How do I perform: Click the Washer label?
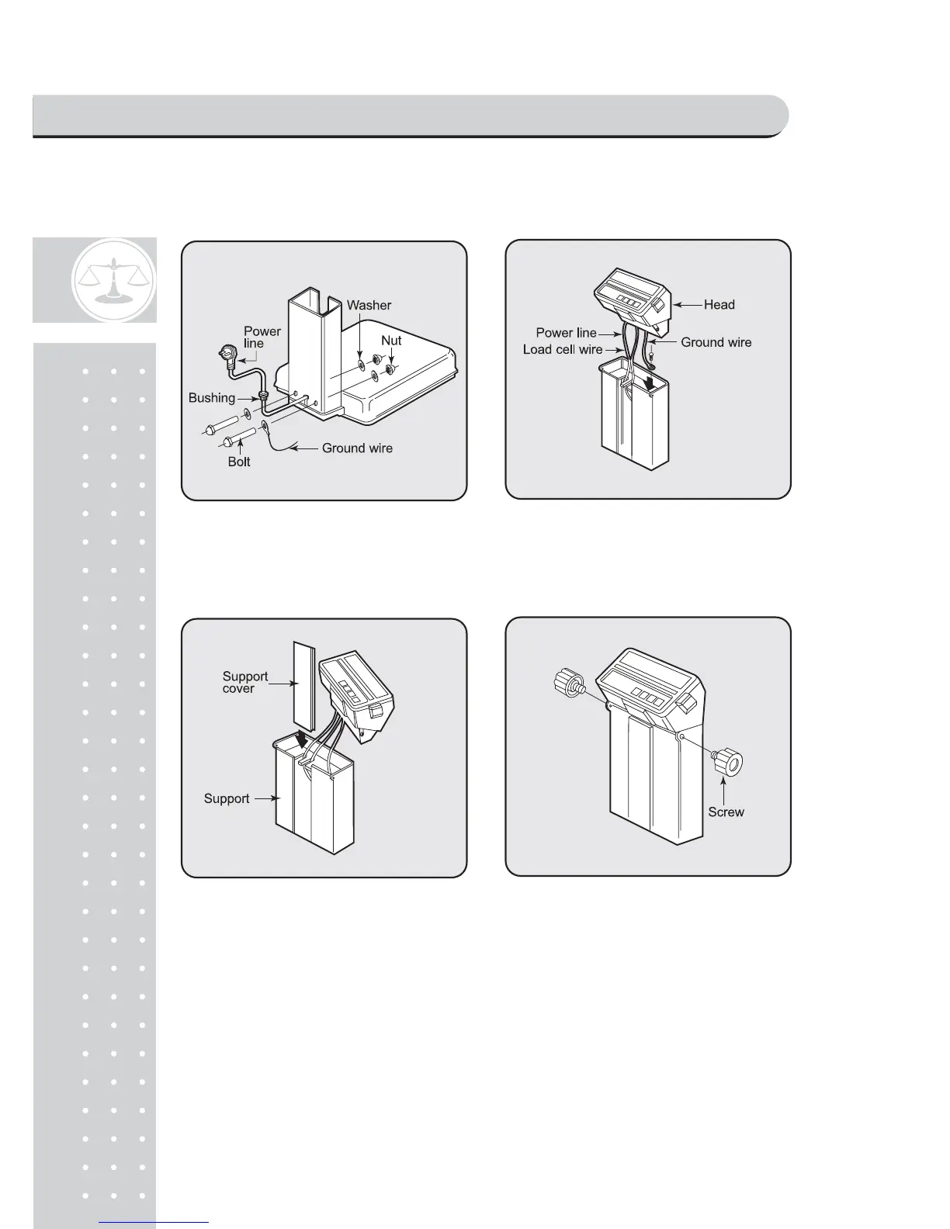coord(369,305)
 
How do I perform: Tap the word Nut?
coord(391,341)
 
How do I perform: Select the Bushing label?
coord(212,398)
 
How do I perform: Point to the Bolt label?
coord(239,462)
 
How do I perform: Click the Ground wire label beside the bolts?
coord(357,448)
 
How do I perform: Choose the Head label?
coord(719,305)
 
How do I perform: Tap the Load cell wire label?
coord(563,350)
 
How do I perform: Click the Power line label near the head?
coord(566,333)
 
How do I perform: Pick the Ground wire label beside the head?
coord(716,342)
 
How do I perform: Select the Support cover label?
coord(244,682)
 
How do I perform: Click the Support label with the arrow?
coord(227,798)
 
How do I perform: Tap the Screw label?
coord(726,812)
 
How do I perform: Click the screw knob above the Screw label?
coord(728,760)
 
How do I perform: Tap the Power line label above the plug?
coord(262,337)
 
